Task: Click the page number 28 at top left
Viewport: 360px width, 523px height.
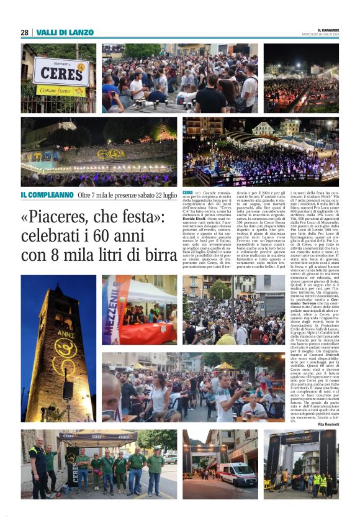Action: click(x=24, y=32)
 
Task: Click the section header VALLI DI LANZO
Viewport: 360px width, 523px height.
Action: click(x=65, y=32)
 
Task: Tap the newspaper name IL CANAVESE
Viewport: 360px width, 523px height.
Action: click(x=328, y=29)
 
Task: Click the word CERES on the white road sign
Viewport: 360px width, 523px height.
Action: click(x=61, y=73)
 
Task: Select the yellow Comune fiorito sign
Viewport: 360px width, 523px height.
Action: click(x=61, y=90)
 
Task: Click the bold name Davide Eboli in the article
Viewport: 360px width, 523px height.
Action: click(x=194, y=222)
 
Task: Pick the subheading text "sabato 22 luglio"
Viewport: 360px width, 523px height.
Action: click(x=151, y=195)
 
